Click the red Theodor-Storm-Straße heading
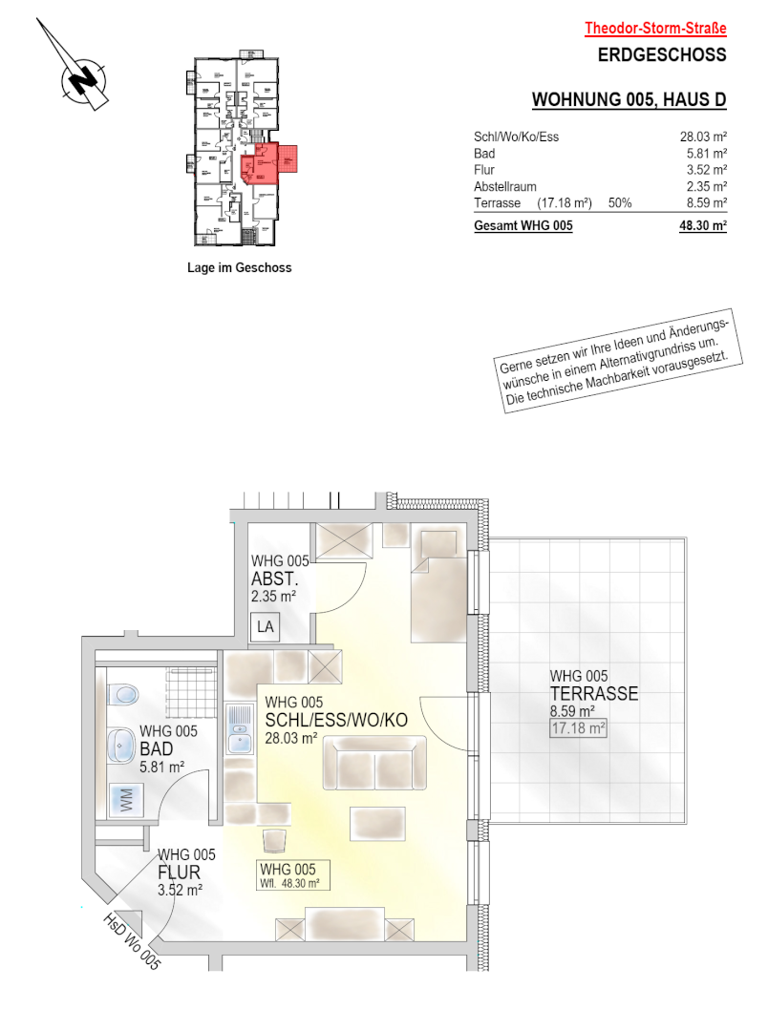click(655, 29)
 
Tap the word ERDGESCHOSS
click(662, 54)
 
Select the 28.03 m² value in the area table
click(703, 137)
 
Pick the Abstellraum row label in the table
click(504, 187)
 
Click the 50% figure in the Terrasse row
click(620, 203)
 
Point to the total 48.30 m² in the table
click(703, 225)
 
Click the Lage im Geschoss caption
click(240, 267)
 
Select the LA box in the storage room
click(266, 627)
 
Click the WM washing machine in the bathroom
click(127, 800)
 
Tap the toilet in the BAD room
click(123, 694)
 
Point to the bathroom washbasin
click(121, 746)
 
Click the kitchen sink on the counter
click(240, 728)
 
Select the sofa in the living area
click(374, 763)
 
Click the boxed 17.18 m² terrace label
click(579, 728)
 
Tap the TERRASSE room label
click(594, 694)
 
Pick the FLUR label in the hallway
click(179, 873)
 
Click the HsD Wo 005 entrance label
click(132, 941)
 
